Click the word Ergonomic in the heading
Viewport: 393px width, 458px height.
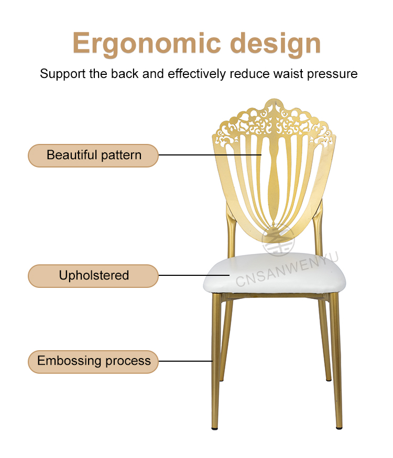pos(147,43)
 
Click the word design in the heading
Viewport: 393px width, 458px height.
pos(276,43)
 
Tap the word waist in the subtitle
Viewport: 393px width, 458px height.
pos(288,74)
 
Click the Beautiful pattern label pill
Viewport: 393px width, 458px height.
pos(93,155)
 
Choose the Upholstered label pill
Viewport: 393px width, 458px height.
pos(93,276)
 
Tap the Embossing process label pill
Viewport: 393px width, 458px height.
pos(93,362)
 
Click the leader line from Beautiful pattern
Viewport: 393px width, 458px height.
pos(210,155)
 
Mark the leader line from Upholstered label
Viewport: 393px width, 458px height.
pos(194,275)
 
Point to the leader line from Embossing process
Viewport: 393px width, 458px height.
pos(185,361)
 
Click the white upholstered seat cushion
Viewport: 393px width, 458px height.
pos(274,273)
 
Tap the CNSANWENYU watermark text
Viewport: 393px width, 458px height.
pos(287,269)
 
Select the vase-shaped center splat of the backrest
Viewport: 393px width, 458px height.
pos(274,181)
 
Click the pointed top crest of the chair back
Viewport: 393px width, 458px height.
pos(274,101)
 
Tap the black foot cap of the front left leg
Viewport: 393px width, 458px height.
pos(215,429)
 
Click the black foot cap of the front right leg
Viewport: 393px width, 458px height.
pos(339,428)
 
